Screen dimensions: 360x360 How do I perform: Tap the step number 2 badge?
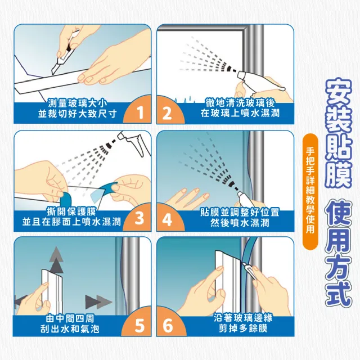coord(169,111)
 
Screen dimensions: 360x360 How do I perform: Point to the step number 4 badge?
coord(169,218)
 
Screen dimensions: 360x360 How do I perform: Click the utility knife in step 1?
coord(65,52)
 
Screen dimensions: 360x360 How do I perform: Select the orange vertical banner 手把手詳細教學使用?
coord(310,191)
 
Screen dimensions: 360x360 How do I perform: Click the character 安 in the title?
coord(339,94)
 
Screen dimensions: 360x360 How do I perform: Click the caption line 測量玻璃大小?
coord(78,103)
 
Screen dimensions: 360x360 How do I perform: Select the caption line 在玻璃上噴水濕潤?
coord(240,113)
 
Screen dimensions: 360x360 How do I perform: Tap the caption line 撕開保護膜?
coord(71,211)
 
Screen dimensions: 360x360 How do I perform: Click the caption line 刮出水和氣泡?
coord(70,328)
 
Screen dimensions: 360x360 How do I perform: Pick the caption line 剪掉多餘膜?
coord(243,328)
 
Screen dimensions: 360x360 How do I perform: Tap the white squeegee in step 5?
coord(52,289)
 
